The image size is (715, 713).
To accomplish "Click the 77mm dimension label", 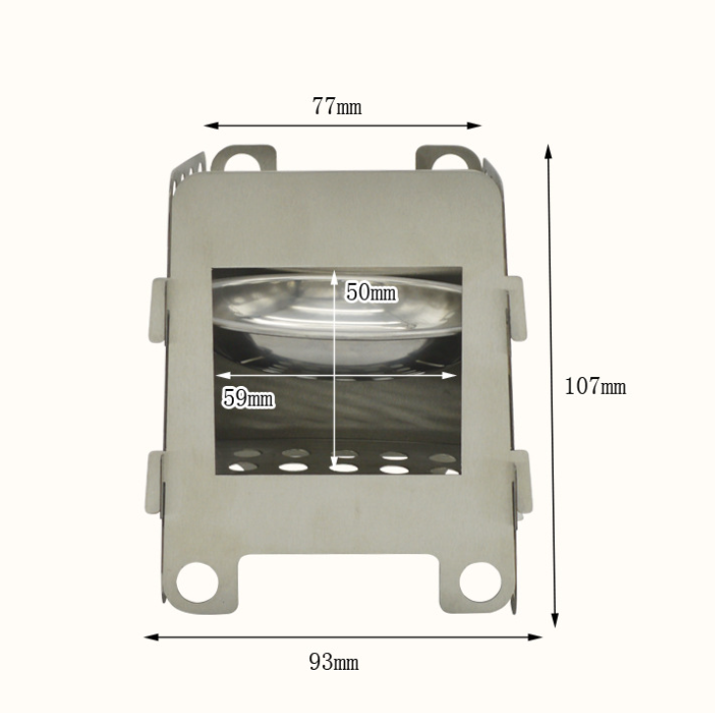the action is [337, 106].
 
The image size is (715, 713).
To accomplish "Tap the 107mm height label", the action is [595, 386].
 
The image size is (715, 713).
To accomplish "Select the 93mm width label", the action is [334, 662].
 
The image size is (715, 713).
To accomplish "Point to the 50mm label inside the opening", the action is [370, 292].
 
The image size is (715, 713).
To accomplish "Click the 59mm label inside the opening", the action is [248, 398].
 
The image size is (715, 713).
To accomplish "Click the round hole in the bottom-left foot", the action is [197, 582].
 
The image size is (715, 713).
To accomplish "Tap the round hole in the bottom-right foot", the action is [479, 581].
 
